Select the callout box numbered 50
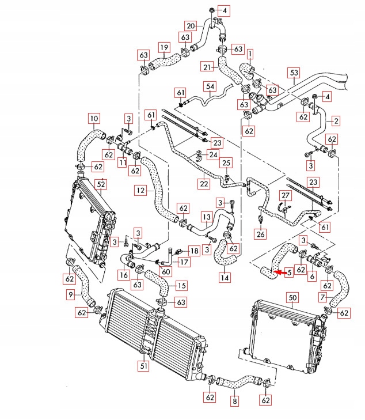(293, 297)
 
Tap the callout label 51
(143, 364)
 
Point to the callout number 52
(101, 184)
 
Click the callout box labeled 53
(294, 73)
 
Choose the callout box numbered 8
(234, 402)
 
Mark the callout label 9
(71, 294)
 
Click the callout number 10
(93, 119)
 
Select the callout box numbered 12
(141, 190)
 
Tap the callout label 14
(223, 278)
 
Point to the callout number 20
(191, 25)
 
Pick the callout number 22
(204, 184)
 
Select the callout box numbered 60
(166, 272)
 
